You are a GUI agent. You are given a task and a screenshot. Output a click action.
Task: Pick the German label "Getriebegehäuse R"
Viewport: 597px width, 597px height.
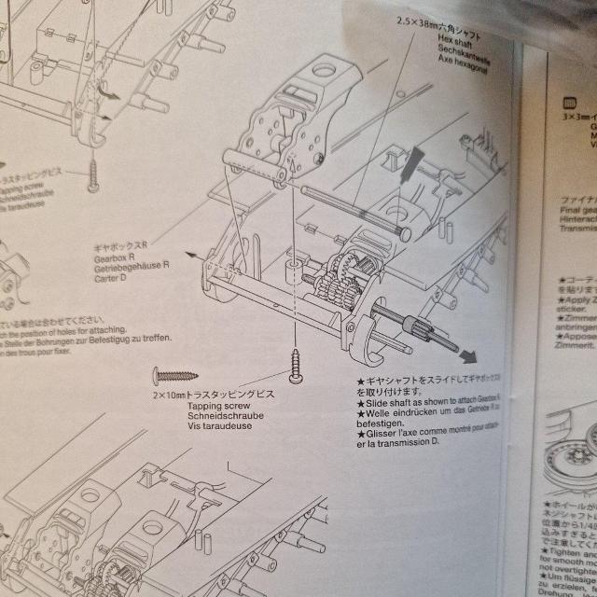pyautogui.click(x=132, y=264)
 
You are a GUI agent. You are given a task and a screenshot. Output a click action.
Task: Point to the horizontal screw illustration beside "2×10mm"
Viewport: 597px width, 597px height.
pyautogui.click(x=176, y=375)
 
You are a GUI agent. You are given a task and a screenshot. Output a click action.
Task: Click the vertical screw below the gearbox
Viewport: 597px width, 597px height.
pyautogui.click(x=298, y=365)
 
